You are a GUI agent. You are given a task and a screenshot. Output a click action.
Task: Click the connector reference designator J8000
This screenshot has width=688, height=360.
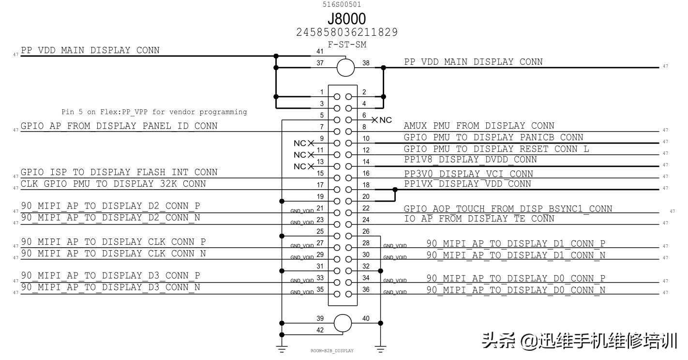tap(346, 19)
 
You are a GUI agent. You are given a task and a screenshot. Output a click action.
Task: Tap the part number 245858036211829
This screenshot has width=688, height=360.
tap(346, 32)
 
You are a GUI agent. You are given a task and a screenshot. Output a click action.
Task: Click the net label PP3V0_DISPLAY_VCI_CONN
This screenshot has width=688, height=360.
tap(468, 174)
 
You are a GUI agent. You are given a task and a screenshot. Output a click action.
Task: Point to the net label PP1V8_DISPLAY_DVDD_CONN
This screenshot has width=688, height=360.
tap(470, 160)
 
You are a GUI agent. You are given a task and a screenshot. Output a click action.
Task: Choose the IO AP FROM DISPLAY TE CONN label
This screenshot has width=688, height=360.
tap(479, 219)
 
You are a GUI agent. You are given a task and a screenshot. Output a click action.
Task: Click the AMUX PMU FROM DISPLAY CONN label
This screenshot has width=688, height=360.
tap(479, 126)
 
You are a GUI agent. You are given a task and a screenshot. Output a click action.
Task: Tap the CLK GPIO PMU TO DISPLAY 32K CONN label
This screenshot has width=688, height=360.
tap(113, 184)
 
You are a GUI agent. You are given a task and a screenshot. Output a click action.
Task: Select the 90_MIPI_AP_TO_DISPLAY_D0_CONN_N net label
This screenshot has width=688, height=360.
tap(516, 290)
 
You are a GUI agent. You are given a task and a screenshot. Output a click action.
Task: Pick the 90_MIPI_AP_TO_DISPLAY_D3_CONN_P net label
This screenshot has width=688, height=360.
tap(110, 276)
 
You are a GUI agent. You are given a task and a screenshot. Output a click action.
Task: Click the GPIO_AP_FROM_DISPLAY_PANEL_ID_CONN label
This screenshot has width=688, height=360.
tap(119, 126)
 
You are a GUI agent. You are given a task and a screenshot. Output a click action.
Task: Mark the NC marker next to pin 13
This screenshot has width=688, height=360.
tap(303, 166)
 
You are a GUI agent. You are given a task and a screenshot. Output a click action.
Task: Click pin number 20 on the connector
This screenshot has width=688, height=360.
tap(366, 196)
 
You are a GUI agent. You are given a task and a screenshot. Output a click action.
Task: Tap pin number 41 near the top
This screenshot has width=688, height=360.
tap(320, 51)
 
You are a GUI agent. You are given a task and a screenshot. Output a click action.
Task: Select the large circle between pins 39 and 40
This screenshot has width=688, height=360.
tap(343, 323)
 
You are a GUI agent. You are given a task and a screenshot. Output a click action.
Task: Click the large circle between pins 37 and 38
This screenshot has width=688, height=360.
tap(345, 67)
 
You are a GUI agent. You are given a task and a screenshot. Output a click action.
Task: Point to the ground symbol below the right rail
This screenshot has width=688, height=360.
tap(381, 347)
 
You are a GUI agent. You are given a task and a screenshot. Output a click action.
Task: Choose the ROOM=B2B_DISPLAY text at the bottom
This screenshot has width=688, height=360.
tap(332, 351)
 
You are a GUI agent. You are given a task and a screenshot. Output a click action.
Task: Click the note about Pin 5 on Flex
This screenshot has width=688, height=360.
tap(154, 112)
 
